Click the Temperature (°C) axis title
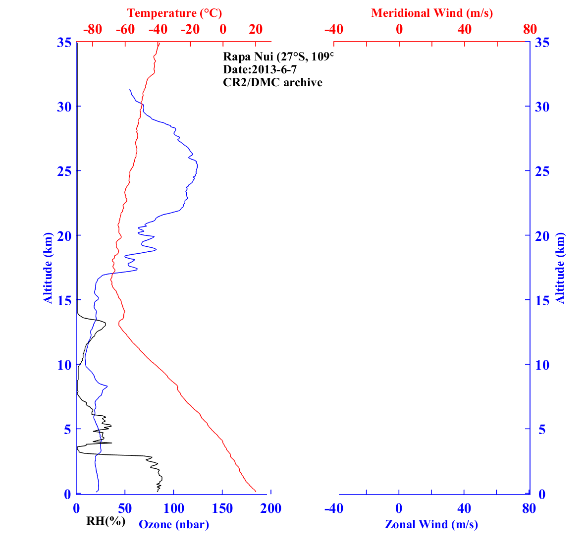[x=174, y=13]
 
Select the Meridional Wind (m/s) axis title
[x=432, y=13]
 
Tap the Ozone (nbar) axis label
[x=174, y=524]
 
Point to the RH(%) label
[x=106, y=521]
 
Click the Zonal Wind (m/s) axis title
[x=431, y=524]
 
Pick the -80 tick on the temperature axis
[x=93, y=29]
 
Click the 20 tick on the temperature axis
[x=256, y=29]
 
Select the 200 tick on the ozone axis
[x=271, y=508]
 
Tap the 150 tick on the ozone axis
[x=222, y=508]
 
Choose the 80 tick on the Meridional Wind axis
[x=530, y=29]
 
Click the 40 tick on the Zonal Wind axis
[x=464, y=508]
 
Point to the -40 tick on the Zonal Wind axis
[x=334, y=508]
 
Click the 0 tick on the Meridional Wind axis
[x=399, y=29]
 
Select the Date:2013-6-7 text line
[x=260, y=69]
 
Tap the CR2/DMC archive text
[x=272, y=82]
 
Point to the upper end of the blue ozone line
[x=130, y=90]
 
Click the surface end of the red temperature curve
[x=256, y=492]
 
